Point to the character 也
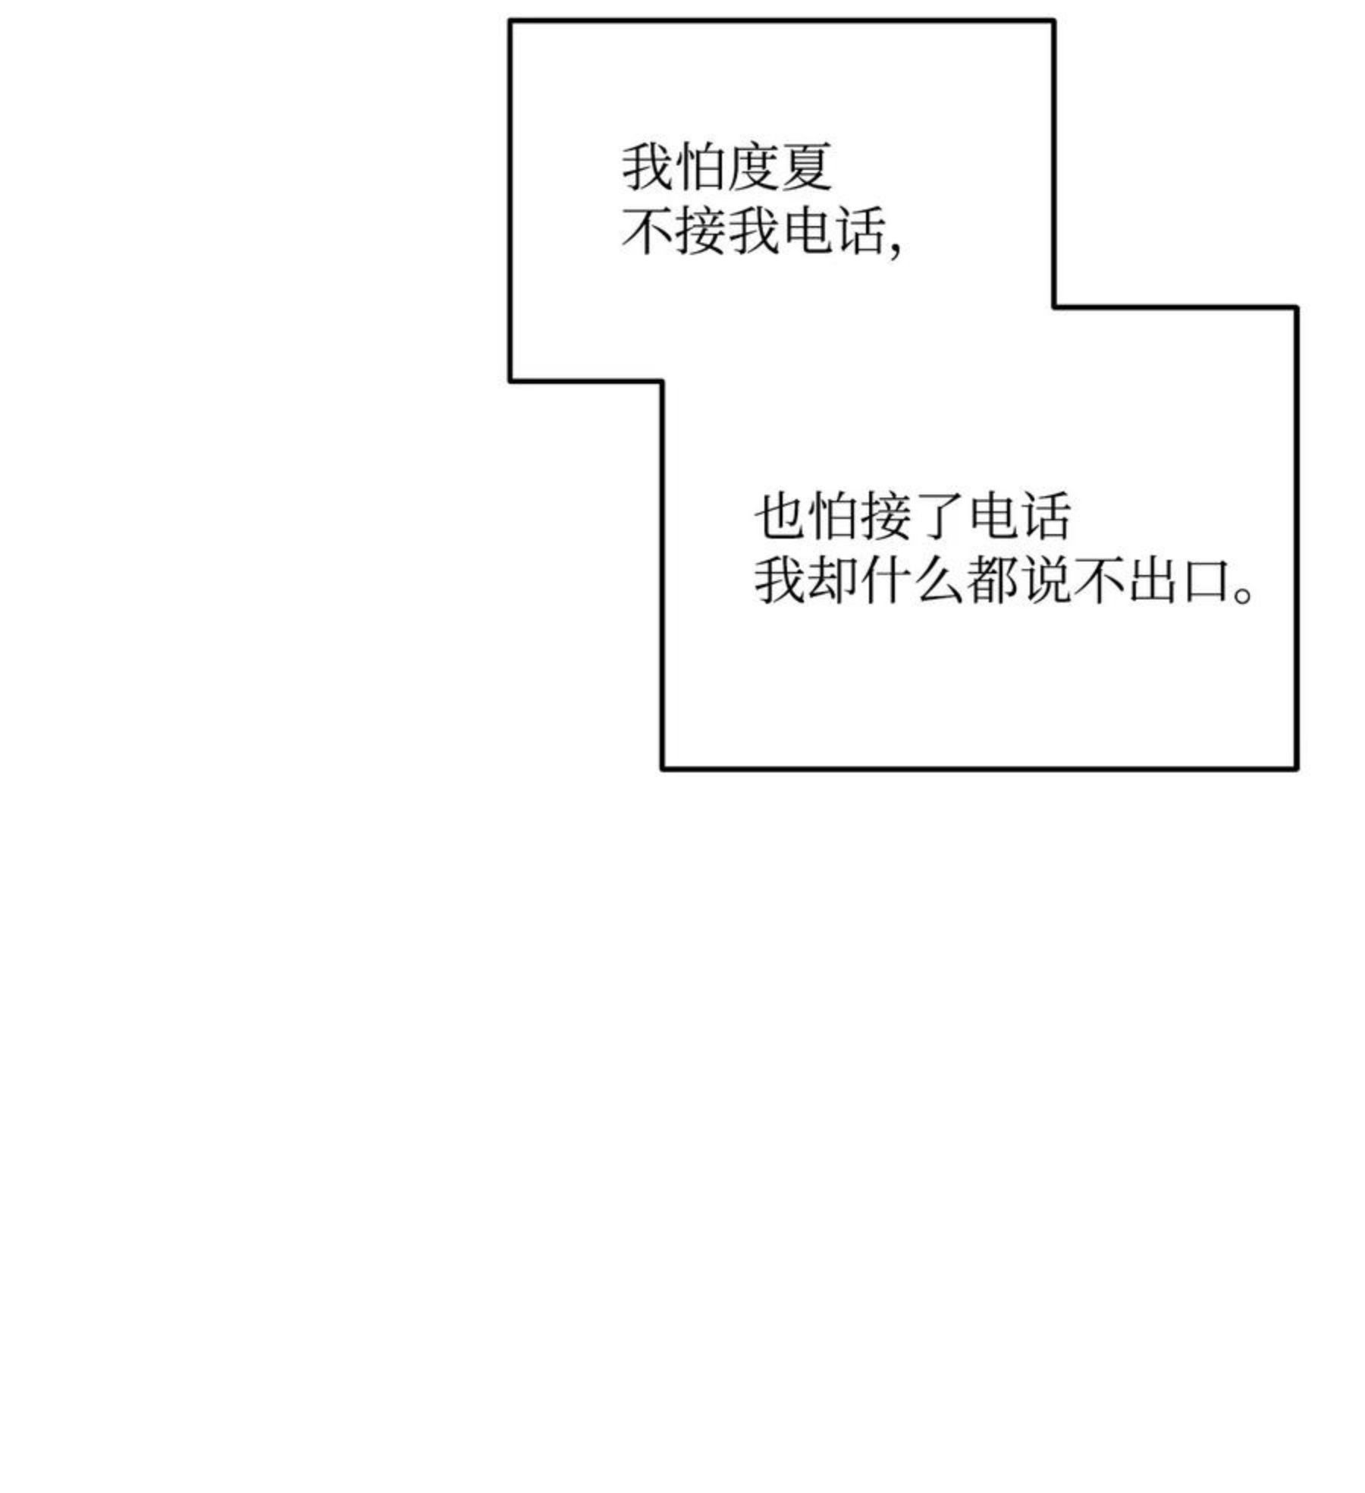point(780,516)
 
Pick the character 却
point(833,581)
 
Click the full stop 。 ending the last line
point(1244,594)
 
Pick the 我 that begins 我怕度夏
point(648,166)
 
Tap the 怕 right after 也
point(833,516)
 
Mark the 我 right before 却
point(780,581)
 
